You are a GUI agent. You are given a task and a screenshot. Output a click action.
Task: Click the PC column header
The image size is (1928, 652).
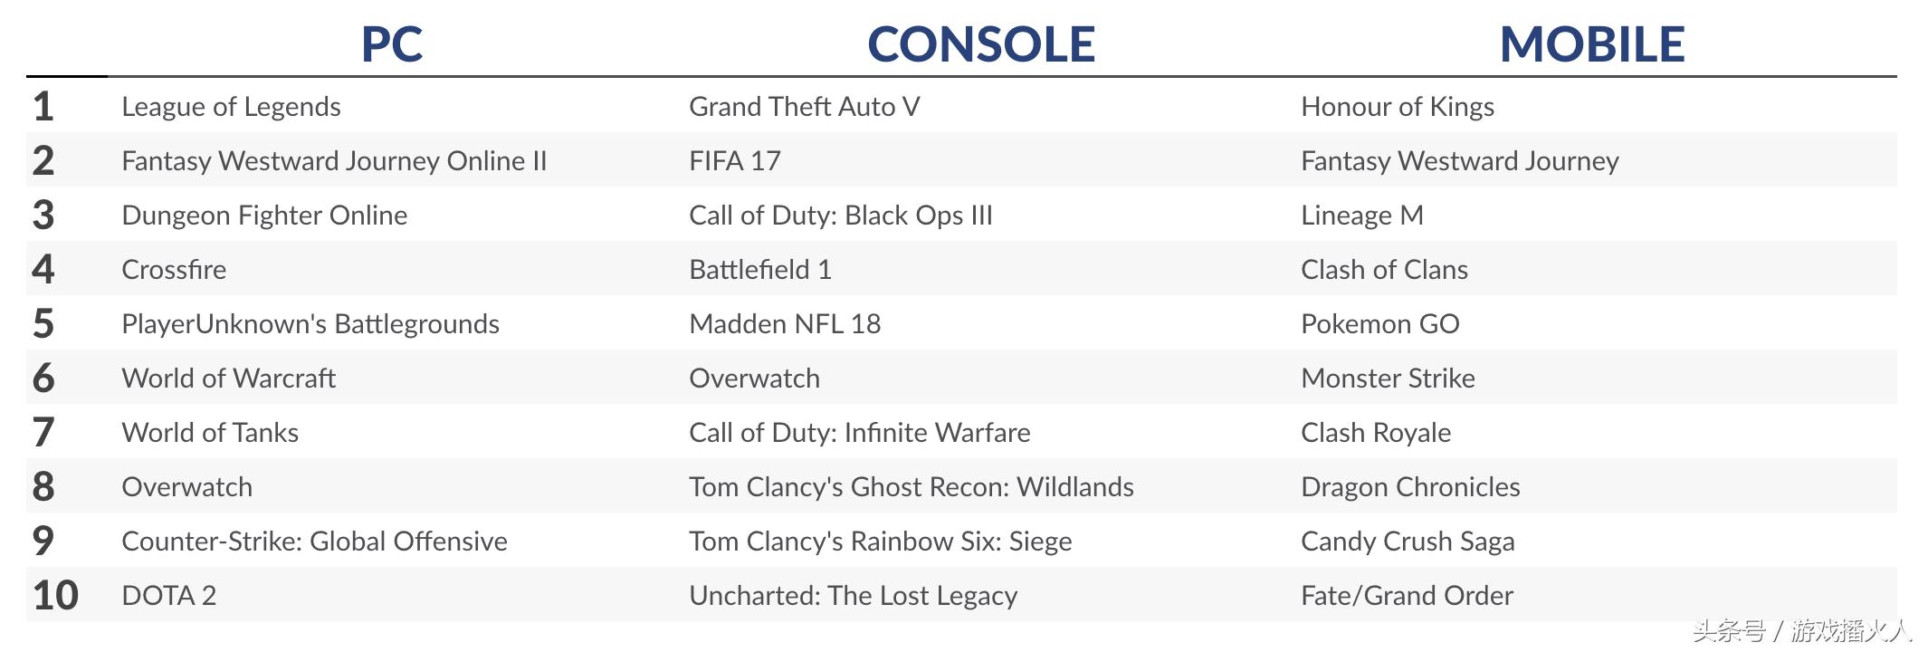tap(392, 44)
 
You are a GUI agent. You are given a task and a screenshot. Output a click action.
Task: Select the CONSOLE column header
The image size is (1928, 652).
tap(981, 44)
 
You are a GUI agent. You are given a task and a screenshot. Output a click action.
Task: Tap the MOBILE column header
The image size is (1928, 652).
tap(1592, 44)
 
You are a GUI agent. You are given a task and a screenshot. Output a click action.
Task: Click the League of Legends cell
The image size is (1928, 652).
tap(231, 107)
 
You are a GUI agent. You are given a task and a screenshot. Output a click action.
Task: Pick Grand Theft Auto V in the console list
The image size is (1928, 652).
tap(804, 107)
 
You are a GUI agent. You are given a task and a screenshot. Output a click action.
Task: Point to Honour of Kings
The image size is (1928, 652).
tap(1397, 107)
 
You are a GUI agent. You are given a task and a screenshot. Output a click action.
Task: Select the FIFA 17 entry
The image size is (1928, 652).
tap(734, 161)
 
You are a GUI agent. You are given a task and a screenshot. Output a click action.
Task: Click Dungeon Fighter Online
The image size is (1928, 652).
tap(264, 216)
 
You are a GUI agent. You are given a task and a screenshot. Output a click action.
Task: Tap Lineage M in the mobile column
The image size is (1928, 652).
tap(1361, 216)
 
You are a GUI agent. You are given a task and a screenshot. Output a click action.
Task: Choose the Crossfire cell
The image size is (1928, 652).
tap(174, 270)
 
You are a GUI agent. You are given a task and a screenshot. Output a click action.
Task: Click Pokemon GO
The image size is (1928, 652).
tap(1379, 324)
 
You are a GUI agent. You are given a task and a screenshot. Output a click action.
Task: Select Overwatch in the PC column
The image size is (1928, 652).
tap(186, 487)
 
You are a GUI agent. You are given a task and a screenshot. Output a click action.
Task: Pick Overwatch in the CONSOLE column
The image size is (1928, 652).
tap(754, 379)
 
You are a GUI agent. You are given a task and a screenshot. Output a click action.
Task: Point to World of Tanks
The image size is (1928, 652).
tap(210, 433)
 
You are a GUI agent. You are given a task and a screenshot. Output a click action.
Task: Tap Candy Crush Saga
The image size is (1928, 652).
tap(1408, 542)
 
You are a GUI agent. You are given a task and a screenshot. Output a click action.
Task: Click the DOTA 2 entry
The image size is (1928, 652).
tap(168, 596)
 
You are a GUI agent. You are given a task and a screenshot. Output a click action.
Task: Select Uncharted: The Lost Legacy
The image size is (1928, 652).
tap(853, 596)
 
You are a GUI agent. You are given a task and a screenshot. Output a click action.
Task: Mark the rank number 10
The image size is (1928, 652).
tap(55, 596)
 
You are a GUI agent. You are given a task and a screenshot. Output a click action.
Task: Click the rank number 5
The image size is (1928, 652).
tap(43, 324)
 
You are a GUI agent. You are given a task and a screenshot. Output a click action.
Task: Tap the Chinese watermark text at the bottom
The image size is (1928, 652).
tap(1801, 630)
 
